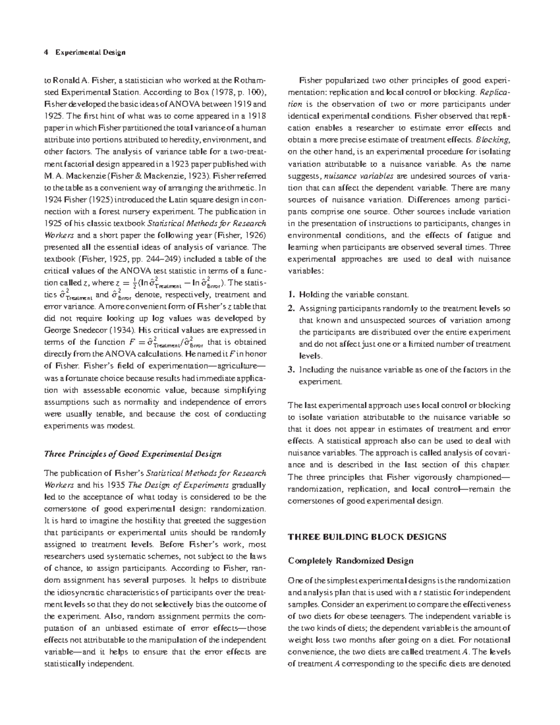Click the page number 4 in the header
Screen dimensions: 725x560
(45, 52)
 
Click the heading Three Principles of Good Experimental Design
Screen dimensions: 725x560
(132, 454)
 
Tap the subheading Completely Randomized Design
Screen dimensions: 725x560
(350, 561)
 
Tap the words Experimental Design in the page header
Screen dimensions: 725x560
(91, 52)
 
